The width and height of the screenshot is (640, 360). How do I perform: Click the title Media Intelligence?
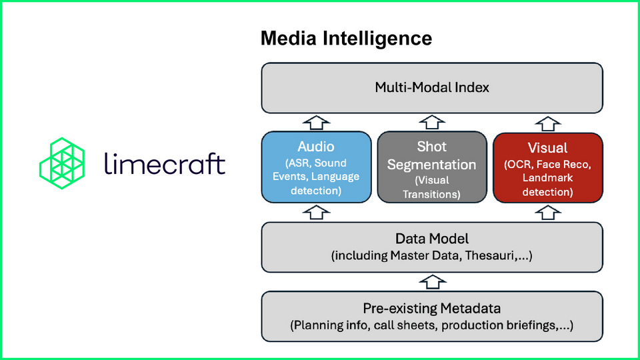(346, 38)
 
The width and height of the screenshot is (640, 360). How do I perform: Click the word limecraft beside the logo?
(165, 163)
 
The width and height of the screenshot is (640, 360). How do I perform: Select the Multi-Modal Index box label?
(432, 87)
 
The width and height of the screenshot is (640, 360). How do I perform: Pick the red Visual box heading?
(547, 147)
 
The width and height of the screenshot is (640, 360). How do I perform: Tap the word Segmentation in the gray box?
(432, 164)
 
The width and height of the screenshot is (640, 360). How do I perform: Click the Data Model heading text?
(432, 239)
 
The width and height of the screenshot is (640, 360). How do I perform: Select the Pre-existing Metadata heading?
(432, 309)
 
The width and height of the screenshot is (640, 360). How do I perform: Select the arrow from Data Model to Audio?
(317, 212)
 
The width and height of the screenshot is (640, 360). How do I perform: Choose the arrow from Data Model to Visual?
(547, 212)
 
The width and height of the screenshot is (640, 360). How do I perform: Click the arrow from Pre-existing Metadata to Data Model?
(432, 281)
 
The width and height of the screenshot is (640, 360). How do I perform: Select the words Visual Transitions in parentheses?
(432, 187)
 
